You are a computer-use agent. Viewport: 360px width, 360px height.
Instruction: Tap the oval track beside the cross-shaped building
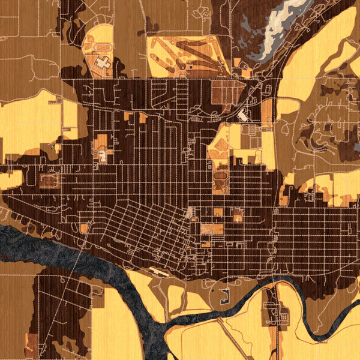tap(103, 47)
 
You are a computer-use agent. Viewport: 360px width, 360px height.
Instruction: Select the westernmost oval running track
tap(50, 179)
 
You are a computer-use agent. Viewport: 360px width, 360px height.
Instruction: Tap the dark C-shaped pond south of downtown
tap(224, 296)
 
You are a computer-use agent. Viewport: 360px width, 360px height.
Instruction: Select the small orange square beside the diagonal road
tap(83, 228)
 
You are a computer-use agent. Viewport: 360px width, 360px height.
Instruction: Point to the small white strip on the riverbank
tap(161, 271)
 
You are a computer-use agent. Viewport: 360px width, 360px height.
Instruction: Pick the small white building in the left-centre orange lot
tap(103, 156)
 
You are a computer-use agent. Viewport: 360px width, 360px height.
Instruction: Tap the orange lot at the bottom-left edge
tap(31, 343)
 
